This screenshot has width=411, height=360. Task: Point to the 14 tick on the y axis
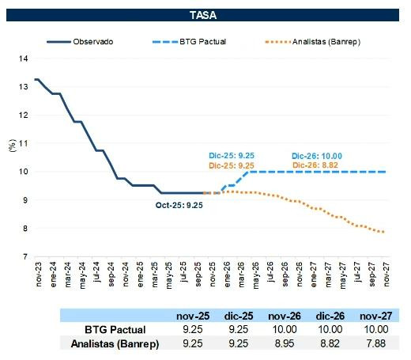(24, 59)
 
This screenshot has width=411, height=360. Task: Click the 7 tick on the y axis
(26, 257)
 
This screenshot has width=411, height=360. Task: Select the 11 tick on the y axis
(24, 143)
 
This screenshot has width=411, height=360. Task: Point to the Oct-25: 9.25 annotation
(179, 205)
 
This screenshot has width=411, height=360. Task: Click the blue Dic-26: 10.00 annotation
(318, 156)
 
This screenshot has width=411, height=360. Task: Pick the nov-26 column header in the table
(284, 315)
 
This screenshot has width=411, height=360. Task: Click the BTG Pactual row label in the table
(116, 328)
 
